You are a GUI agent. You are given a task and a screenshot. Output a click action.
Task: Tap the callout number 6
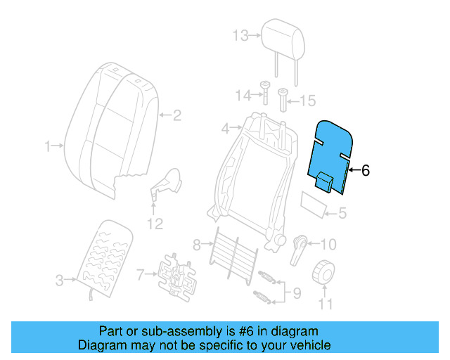(365, 170)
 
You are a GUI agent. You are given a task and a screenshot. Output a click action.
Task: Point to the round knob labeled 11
(324, 271)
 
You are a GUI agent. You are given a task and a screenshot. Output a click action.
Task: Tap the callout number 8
(198, 245)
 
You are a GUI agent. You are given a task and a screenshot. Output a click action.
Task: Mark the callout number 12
(154, 224)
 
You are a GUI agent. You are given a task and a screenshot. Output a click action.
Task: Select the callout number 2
(177, 115)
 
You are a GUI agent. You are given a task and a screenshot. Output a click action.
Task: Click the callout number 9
(295, 292)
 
